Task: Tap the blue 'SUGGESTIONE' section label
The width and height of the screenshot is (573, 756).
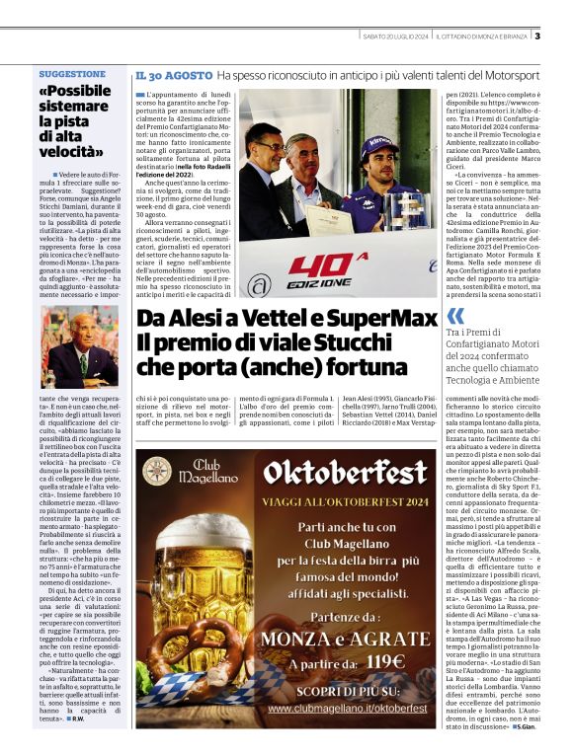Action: coord(72,74)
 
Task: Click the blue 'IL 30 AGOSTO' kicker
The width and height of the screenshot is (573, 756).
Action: coord(174,75)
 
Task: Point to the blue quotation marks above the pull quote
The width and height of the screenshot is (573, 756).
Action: coord(455,316)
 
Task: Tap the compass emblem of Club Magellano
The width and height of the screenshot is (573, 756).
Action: coord(157,471)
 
